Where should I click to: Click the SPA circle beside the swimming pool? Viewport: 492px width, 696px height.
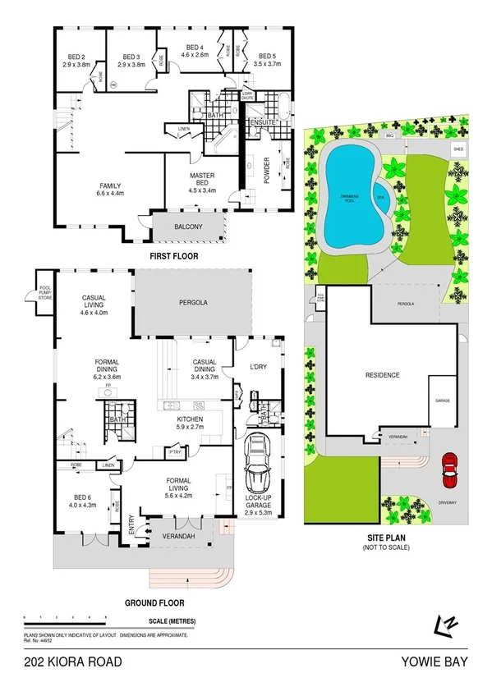(380, 198)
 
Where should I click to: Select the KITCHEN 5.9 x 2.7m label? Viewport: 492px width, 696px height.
(188, 424)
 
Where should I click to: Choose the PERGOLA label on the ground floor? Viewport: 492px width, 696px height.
(194, 303)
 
